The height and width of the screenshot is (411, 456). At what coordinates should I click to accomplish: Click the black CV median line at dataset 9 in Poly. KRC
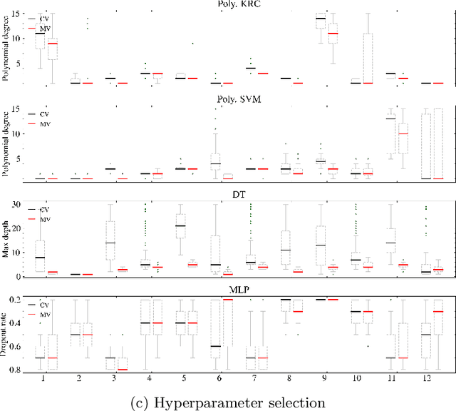[x=321, y=19]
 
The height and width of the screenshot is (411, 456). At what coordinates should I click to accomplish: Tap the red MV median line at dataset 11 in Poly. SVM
[x=403, y=133]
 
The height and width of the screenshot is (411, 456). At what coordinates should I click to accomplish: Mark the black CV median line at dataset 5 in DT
[x=180, y=225]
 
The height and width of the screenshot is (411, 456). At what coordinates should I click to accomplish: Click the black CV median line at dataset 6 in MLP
[x=215, y=346]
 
